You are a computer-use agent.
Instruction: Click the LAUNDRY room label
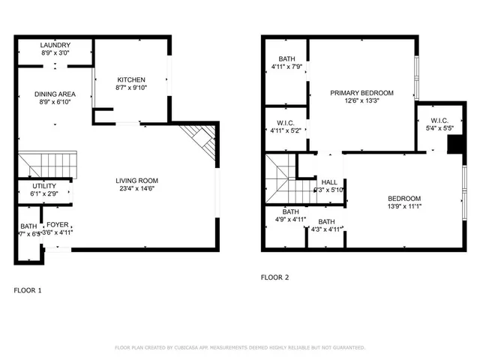pos(55,46)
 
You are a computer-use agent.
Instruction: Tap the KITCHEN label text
pos(130,79)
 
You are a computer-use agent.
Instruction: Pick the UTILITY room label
pos(43,186)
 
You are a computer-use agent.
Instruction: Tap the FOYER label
pos(58,224)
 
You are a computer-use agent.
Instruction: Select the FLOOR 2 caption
pos(274,277)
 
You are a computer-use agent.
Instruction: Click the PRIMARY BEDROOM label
pos(362,93)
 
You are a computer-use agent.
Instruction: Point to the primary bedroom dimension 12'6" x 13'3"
pos(362,101)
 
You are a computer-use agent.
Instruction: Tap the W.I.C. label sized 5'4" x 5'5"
pos(439,121)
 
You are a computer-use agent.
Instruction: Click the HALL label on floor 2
pos(329,181)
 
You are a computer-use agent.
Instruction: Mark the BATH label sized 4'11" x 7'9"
pos(287,59)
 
